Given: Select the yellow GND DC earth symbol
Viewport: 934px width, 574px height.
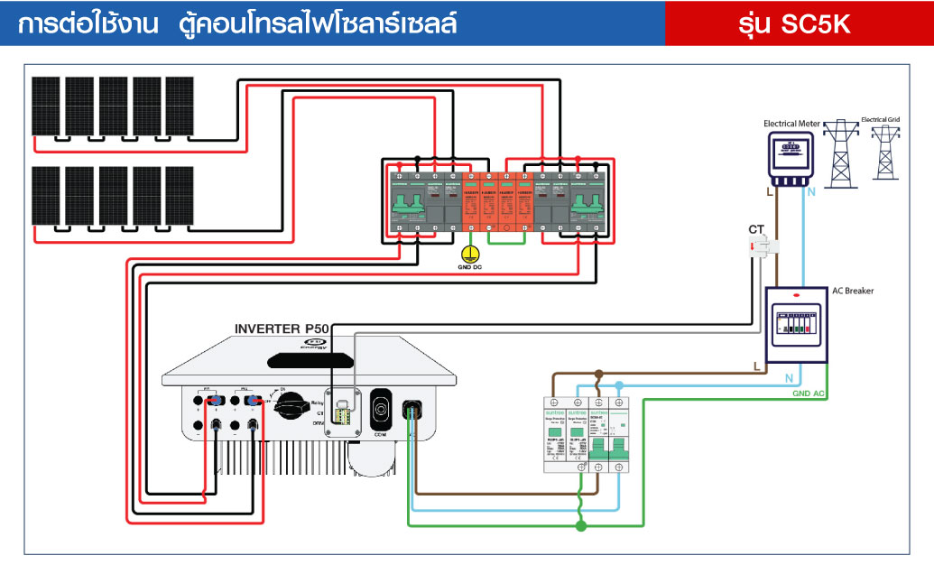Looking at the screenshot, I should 468,255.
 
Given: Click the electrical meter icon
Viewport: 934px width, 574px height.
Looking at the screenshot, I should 791,154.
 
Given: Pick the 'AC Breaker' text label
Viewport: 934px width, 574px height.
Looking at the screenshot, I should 852,291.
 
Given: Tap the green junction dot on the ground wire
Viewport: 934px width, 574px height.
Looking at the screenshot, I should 581,525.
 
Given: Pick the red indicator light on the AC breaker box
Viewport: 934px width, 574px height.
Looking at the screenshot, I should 795,295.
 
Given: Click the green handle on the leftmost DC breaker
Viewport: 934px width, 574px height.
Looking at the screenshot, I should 408,202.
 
